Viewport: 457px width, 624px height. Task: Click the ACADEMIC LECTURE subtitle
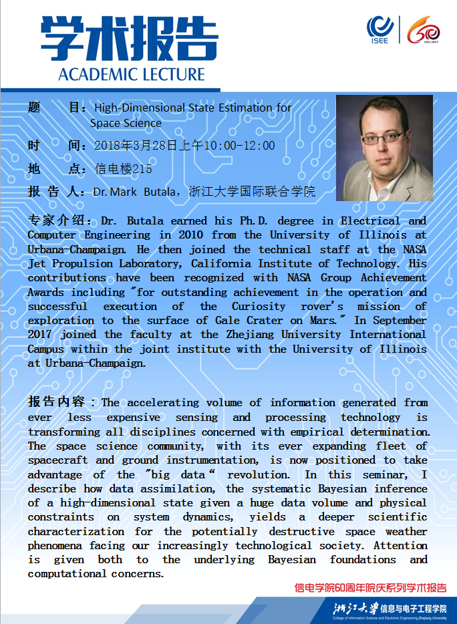pyautogui.click(x=131, y=73)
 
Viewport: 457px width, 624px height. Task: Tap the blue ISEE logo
pyautogui.click(x=379, y=31)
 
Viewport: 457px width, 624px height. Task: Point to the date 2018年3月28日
pyautogui.click(x=130, y=146)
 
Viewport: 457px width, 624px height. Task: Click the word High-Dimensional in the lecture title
pyautogui.click(x=138, y=108)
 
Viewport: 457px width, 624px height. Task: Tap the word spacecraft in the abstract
pyautogui.click(x=57, y=460)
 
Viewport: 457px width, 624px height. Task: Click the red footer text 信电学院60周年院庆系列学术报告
pyautogui.click(x=371, y=588)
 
